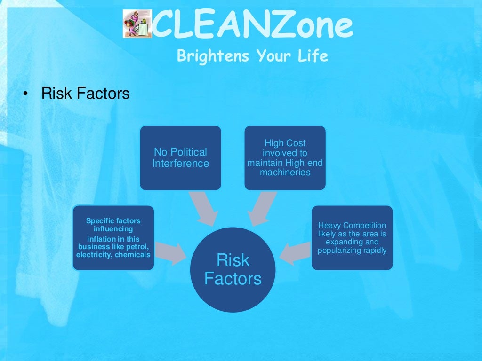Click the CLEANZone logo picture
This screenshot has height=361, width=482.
[x=137, y=24]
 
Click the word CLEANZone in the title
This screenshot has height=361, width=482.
[x=252, y=26]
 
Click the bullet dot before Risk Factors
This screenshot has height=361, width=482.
[x=26, y=94]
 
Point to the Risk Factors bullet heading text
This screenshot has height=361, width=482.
[x=85, y=94]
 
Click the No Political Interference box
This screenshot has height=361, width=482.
[x=180, y=158]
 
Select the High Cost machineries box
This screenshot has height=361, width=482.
[x=285, y=158]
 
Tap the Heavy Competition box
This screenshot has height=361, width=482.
[x=352, y=238]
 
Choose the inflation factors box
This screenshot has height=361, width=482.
[x=113, y=238]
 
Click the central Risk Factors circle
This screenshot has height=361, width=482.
[x=233, y=270]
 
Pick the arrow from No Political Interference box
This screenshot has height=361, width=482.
[x=204, y=209]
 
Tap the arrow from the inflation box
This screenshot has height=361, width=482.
[x=170, y=253]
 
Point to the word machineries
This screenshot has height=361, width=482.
[x=285, y=173]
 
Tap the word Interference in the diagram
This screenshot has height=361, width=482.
[x=180, y=164]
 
